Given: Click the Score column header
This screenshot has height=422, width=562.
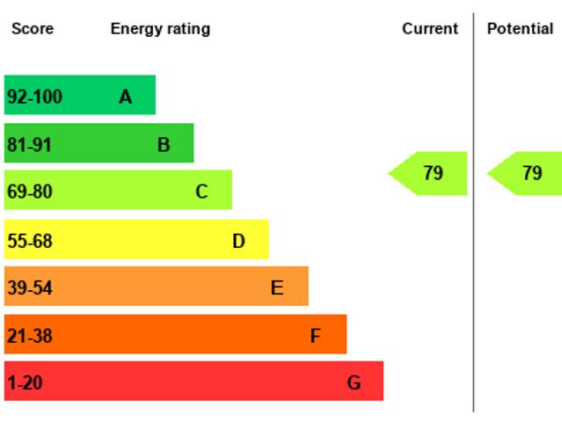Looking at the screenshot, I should [33, 29].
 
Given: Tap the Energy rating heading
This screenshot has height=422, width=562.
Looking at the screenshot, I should [160, 29].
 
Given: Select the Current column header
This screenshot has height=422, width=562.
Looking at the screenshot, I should [430, 29].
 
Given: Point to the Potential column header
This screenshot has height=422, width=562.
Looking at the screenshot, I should [520, 29].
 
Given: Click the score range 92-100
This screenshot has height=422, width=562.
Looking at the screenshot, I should [35, 97].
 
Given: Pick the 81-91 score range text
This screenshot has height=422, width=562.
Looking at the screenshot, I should [30, 145].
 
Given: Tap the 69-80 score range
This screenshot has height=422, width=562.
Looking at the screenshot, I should [30, 192].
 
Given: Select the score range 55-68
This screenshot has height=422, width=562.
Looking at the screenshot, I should [30, 241].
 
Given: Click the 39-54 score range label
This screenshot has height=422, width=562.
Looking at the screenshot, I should [30, 287].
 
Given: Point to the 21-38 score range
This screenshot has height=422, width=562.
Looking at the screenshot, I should [30, 336].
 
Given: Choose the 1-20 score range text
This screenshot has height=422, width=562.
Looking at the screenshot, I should [25, 383].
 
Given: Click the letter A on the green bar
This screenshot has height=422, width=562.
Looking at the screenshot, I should [125, 97].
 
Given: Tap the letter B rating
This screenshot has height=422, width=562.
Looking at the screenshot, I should [164, 145].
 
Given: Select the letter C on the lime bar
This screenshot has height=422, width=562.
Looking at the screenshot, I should [201, 192].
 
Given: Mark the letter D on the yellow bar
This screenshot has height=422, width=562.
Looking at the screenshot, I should [238, 241].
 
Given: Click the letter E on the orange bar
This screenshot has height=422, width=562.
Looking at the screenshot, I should [277, 287].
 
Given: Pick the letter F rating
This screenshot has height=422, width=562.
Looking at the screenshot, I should [315, 336].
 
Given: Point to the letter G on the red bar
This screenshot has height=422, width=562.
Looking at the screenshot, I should [354, 383].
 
